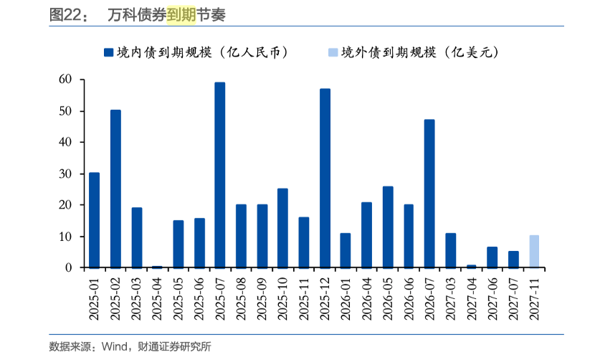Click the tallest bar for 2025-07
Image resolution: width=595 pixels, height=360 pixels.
(x=219, y=175)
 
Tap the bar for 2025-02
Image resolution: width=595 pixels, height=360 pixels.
(x=115, y=189)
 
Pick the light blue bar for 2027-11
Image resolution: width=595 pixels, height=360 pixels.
(x=534, y=251)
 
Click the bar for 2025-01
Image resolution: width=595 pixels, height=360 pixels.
(x=94, y=220)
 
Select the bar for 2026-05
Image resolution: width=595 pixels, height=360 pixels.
(x=388, y=227)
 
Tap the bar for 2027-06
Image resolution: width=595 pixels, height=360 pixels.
(x=492, y=257)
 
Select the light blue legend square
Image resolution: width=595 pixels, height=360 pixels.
(x=332, y=52)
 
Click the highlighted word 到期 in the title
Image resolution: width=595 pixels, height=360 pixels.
(x=181, y=14)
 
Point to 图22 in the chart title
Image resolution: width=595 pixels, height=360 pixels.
(x=63, y=14)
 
